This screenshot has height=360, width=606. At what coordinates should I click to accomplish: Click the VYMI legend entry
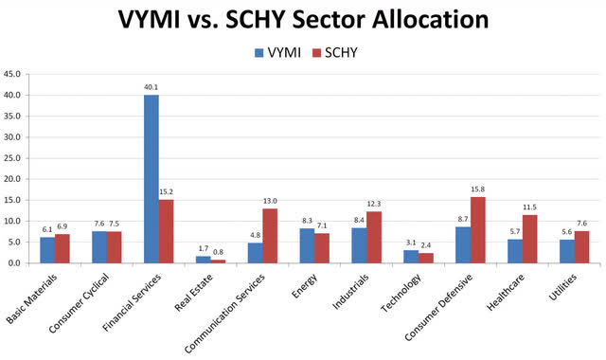click(x=276, y=53)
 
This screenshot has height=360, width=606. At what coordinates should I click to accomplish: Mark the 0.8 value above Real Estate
click(x=219, y=252)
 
